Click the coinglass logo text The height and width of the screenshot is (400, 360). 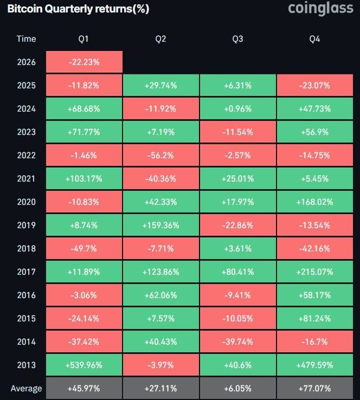coord(320,9)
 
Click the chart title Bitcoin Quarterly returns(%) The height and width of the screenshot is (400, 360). coord(78,9)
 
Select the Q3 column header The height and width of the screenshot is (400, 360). coord(237,38)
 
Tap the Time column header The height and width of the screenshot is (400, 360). coord(26,38)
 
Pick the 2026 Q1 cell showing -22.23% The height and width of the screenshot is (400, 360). coord(84,62)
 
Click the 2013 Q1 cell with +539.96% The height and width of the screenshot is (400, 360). coord(84,365)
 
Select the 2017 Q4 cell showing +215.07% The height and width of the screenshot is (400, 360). coord(314,272)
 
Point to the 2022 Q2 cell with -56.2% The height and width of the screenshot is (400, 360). coord(160,155)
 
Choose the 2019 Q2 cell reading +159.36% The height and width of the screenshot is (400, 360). coord(160,225)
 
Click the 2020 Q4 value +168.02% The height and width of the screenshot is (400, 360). coord(314,202)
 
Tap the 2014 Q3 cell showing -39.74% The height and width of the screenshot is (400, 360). coord(237,341)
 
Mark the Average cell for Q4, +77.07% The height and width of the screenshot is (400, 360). coord(314,388)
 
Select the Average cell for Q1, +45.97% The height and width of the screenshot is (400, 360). coord(84,388)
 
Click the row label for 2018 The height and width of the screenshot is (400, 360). coord(26,248)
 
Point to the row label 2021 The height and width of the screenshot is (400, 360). coord(26,178)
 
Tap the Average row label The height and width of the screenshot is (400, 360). coord(26,388)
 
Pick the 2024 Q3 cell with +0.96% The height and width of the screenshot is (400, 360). coord(237,108)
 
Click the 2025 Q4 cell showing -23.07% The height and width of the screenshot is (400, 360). coord(314,85)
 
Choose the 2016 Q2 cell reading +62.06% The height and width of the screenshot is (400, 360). coord(160,295)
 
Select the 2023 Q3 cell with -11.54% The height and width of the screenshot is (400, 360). coord(237,132)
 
